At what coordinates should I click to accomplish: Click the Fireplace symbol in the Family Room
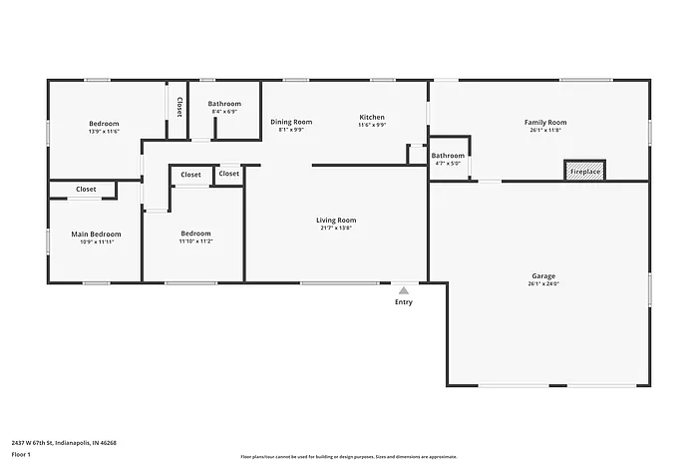tap(585, 171)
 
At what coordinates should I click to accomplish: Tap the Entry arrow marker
tap(403, 290)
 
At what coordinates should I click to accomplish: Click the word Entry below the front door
tap(403, 302)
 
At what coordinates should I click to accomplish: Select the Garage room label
tap(543, 275)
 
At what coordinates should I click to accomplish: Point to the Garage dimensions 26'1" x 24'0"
tap(543, 283)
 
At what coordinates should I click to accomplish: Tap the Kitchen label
tap(372, 117)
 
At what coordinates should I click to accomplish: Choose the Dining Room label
tap(291, 122)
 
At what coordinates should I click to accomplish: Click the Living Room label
tap(336, 220)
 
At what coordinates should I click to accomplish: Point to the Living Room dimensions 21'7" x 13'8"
tap(336, 228)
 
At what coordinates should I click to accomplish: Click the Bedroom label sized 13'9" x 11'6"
tap(104, 124)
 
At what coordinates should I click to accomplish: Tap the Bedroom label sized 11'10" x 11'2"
tap(195, 233)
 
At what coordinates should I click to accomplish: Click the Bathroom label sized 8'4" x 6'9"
tap(224, 104)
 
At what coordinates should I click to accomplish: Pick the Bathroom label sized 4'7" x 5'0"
tap(448, 156)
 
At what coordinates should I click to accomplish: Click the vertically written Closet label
tap(179, 106)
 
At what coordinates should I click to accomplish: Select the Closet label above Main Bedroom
tap(86, 189)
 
